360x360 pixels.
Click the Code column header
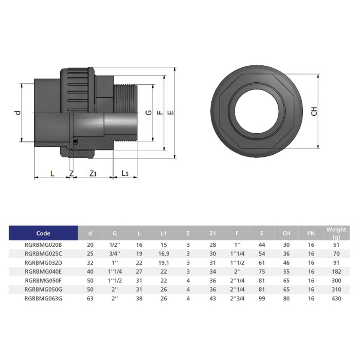click(43, 233)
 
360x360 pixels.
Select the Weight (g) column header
click(336, 233)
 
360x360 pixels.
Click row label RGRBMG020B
click(43, 245)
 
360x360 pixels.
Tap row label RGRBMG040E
click(43, 271)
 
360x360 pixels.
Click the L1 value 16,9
click(164, 254)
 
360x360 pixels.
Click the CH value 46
click(286, 262)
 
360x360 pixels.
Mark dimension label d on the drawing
click(16, 112)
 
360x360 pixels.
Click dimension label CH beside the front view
click(314, 111)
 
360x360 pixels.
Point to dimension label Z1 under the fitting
click(93, 174)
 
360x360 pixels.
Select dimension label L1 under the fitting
click(125, 174)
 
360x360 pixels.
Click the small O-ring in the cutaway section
click(75, 140)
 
